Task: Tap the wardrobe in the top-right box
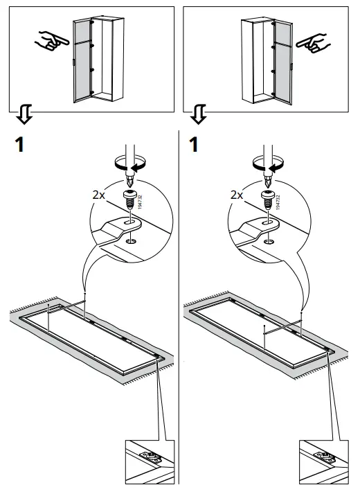coord(266,58)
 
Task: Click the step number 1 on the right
coord(197,146)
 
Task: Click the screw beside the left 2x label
coord(128,199)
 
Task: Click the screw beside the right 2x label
coord(265,199)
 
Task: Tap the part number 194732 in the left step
coord(141,202)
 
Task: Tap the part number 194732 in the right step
coord(278,202)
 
